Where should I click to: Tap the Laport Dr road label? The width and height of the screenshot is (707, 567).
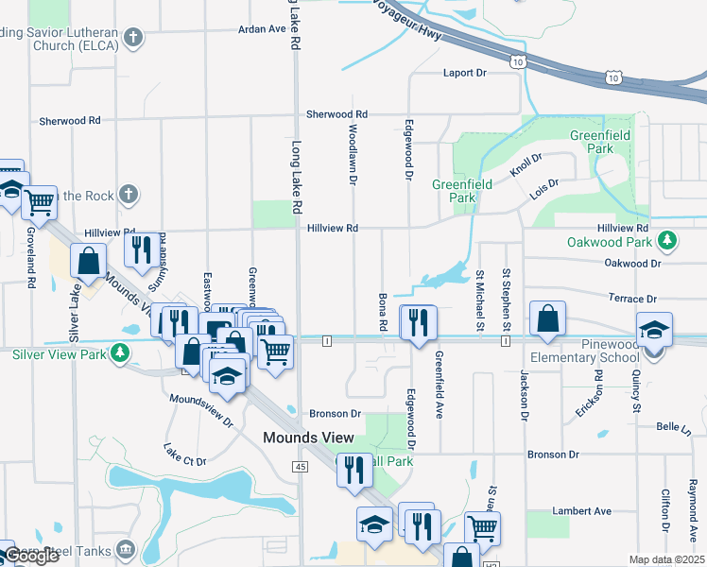pos(464,73)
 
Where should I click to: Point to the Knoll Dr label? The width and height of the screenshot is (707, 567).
pos(526,166)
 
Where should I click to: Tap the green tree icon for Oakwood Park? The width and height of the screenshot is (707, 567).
pos(667,241)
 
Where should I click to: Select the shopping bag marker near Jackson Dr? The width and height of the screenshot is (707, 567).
pos(548,320)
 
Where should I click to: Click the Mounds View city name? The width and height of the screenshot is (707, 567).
pos(308,438)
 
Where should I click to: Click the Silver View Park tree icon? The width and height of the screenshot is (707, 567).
pos(119,353)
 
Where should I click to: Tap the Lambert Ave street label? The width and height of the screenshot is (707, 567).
pos(582,511)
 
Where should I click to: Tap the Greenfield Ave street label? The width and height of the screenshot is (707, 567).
pos(440,385)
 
